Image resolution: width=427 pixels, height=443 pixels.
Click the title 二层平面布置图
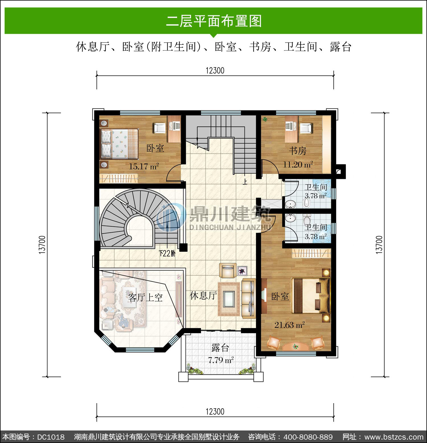click(x=214, y=21)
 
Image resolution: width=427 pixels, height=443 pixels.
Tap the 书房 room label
click(x=298, y=151)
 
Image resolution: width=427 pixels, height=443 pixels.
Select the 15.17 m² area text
click(x=144, y=166)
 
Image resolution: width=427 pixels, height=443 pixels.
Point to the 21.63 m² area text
click(x=290, y=325)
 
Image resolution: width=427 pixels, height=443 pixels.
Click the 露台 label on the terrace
click(x=220, y=348)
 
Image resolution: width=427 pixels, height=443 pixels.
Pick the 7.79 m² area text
click(x=221, y=360)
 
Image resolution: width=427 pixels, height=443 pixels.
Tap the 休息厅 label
click(x=203, y=296)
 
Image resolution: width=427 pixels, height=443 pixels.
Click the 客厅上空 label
click(x=145, y=298)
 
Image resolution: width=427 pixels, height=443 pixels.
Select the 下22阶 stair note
click(x=167, y=253)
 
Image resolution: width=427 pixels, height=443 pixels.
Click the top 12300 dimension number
click(x=215, y=70)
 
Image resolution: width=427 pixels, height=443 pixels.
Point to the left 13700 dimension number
click(x=42, y=245)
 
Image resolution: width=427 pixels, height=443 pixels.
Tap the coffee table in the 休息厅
click(x=229, y=299)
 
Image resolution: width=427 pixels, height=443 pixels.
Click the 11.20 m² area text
click(x=298, y=164)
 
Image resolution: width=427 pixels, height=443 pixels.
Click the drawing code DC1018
click(x=51, y=437)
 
